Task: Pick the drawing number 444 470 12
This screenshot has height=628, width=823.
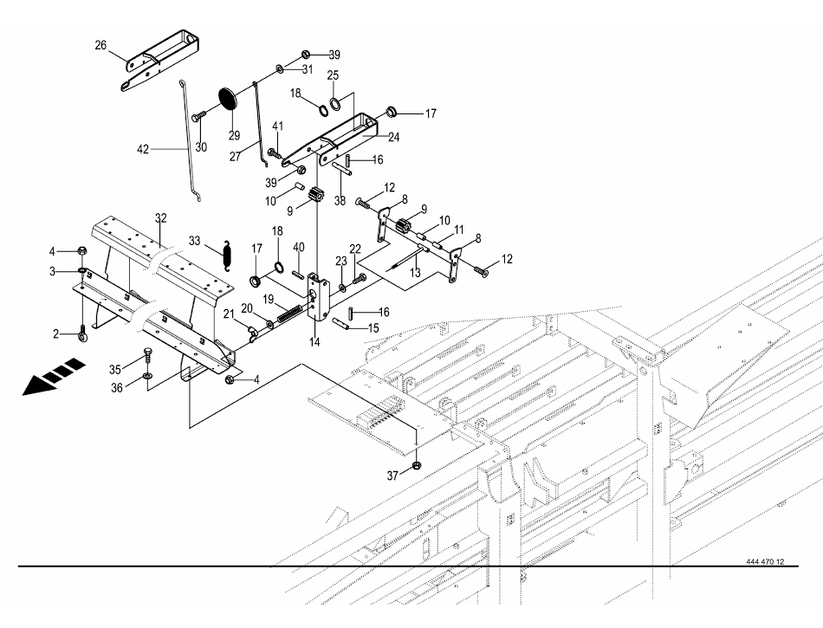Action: pyautogui.click(x=764, y=561)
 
